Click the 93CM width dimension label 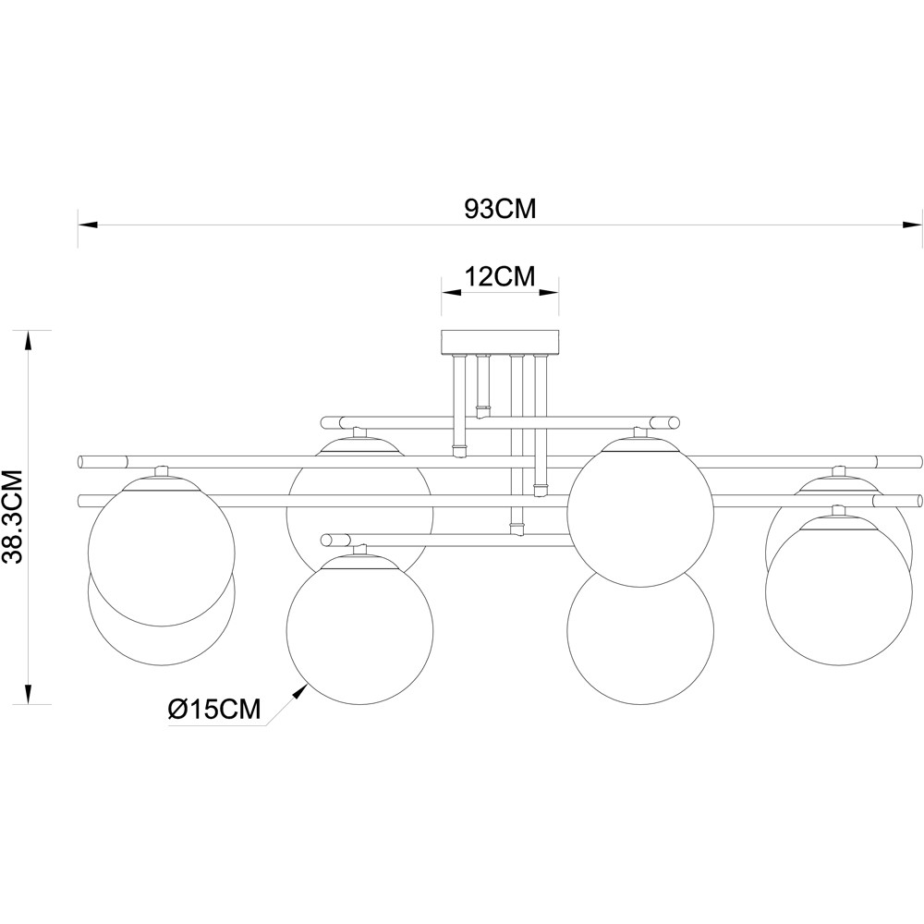click(x=500, y=209)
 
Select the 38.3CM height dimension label click(x=13, y=517)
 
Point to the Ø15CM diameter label click(x=214, y=710)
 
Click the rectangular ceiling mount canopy click(x=500, y=342)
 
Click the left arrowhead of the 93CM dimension click(x=88, y=225)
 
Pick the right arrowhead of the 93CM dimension click(x=911, y=225)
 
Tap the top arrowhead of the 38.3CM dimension click(x=27, y=340)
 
